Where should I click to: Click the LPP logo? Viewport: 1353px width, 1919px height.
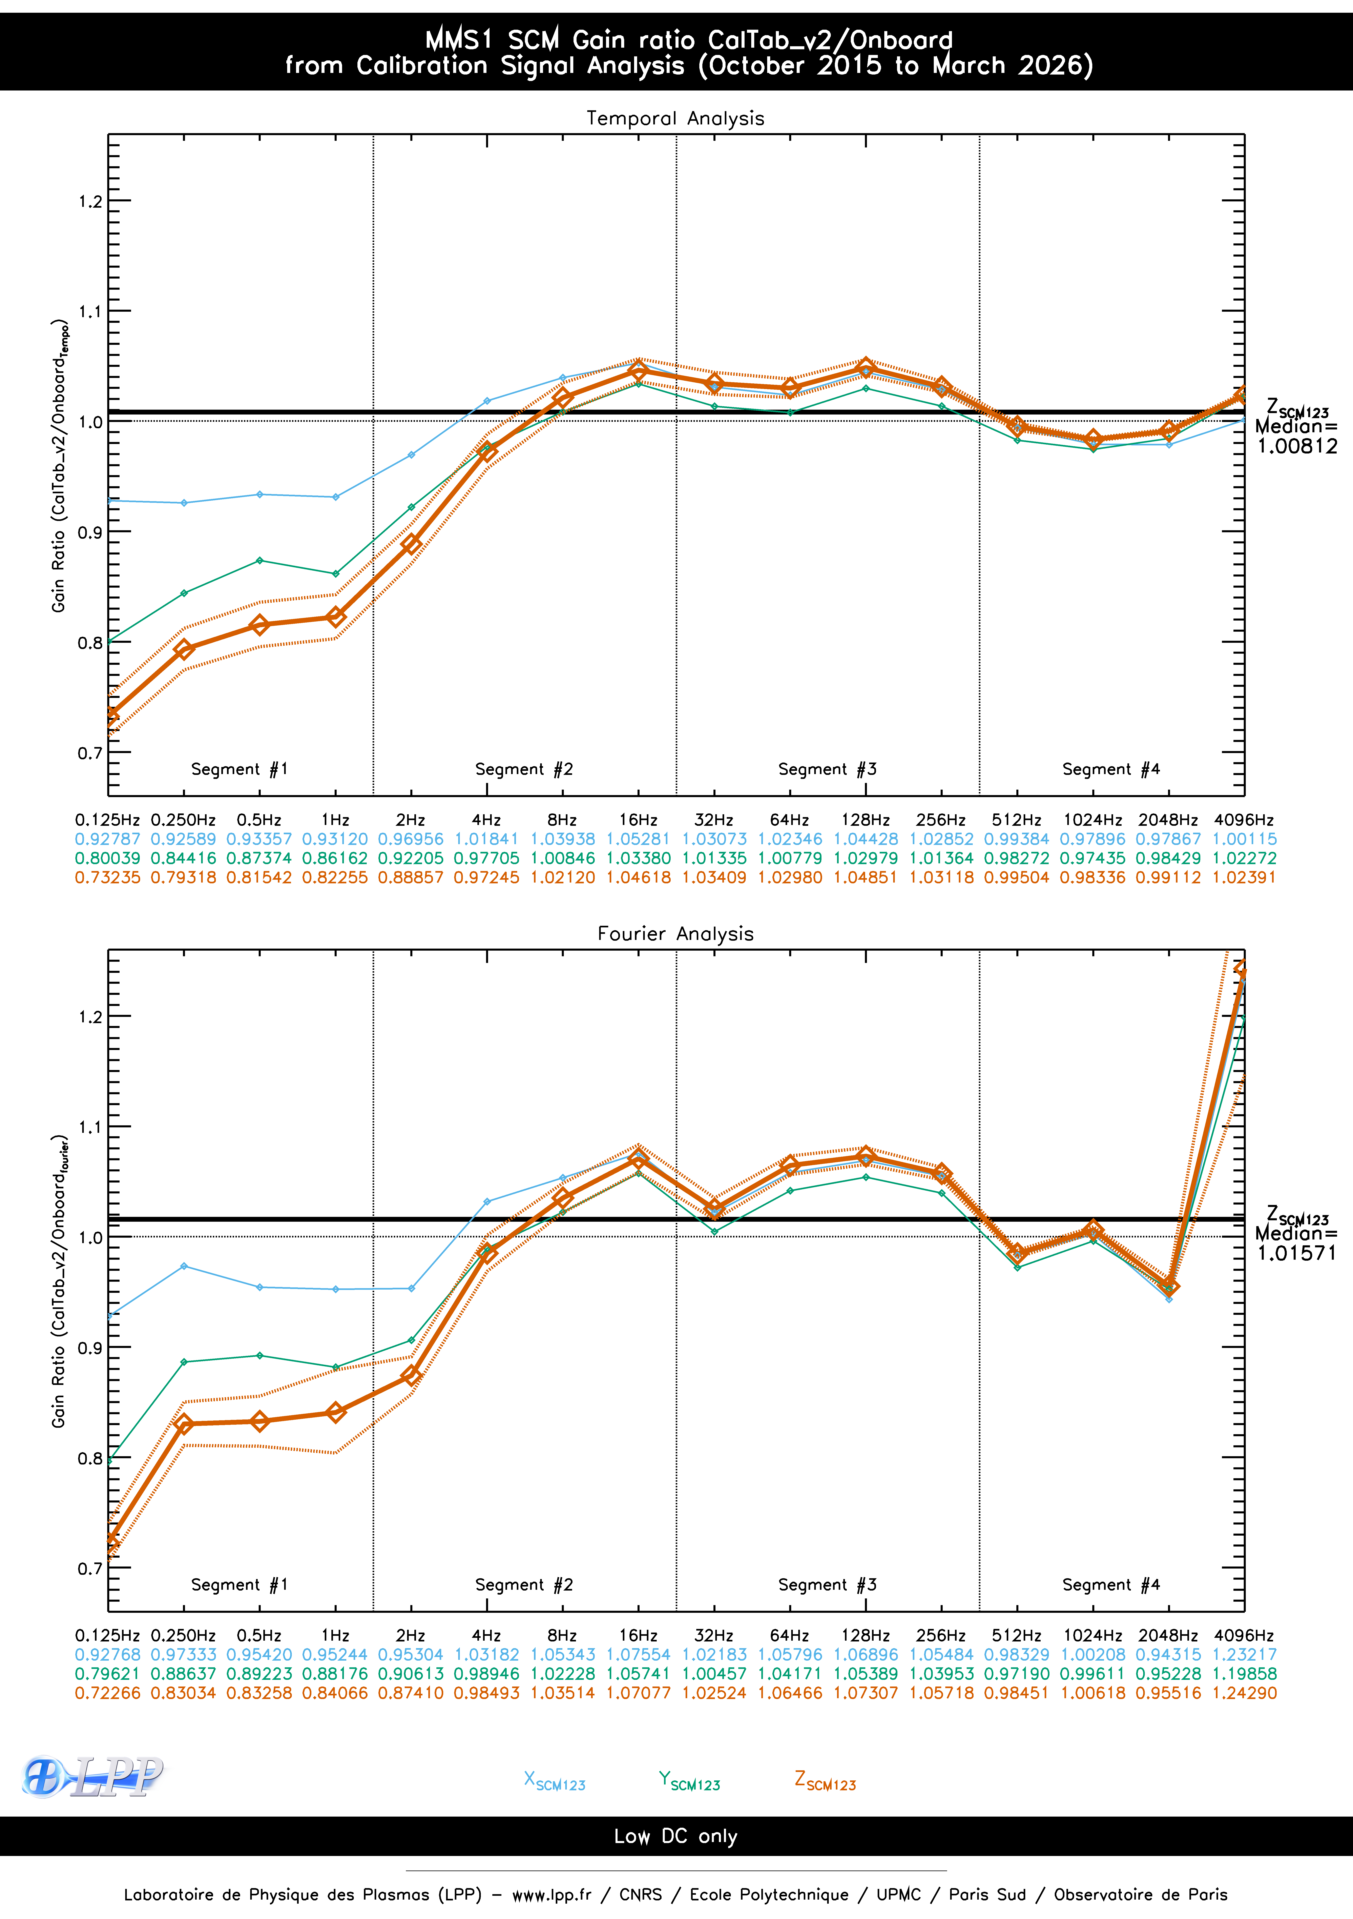(92, 1776)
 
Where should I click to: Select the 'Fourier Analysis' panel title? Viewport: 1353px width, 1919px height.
(675, 934)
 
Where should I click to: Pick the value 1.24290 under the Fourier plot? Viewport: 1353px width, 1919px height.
(1244, 1693)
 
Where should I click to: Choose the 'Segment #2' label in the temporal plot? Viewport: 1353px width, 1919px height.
(524, 769)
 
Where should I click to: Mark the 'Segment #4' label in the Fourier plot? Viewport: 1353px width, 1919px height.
(1111, 1585)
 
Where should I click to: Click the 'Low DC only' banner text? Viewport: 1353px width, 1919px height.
(675, 1836)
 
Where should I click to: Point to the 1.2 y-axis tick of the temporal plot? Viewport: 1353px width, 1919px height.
(90, 201)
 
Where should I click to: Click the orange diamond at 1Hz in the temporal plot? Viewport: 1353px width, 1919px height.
(335, 617)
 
